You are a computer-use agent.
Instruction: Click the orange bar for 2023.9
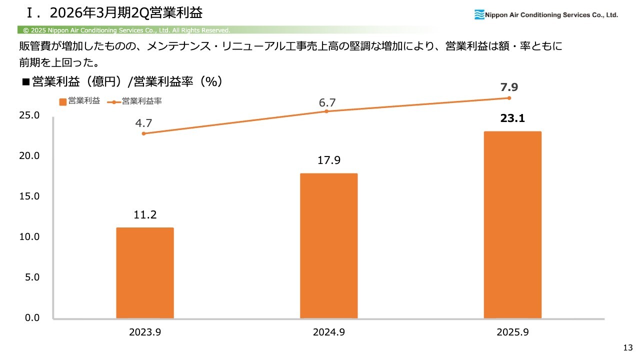(145, 273)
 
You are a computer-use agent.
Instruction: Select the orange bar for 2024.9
(328, 246)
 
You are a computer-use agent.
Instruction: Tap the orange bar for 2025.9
(512, 225)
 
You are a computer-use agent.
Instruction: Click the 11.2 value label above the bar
(145, 215)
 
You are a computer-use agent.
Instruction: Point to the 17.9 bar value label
(328, 161)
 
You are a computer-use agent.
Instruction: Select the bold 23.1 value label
(512, 119)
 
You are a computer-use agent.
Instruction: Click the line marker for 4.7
(144, 133)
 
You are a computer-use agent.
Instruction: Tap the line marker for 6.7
(326, 111)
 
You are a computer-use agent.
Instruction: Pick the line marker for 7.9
(509, 97)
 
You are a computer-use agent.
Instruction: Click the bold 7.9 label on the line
(509, 87)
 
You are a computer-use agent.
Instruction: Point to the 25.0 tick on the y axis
(29, 115)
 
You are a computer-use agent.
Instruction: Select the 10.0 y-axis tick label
(29, 236)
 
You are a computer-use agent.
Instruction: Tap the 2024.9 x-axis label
(328, 332)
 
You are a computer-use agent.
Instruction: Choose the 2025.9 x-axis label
(512, 332)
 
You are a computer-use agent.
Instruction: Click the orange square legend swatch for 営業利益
(62, 101)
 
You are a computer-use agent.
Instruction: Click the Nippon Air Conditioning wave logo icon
(479, 15)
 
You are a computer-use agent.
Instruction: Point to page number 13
(628, 347)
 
